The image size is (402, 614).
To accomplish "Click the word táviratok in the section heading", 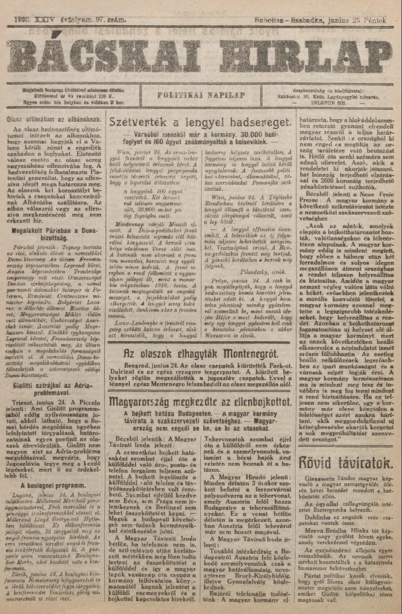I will point(363,464).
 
